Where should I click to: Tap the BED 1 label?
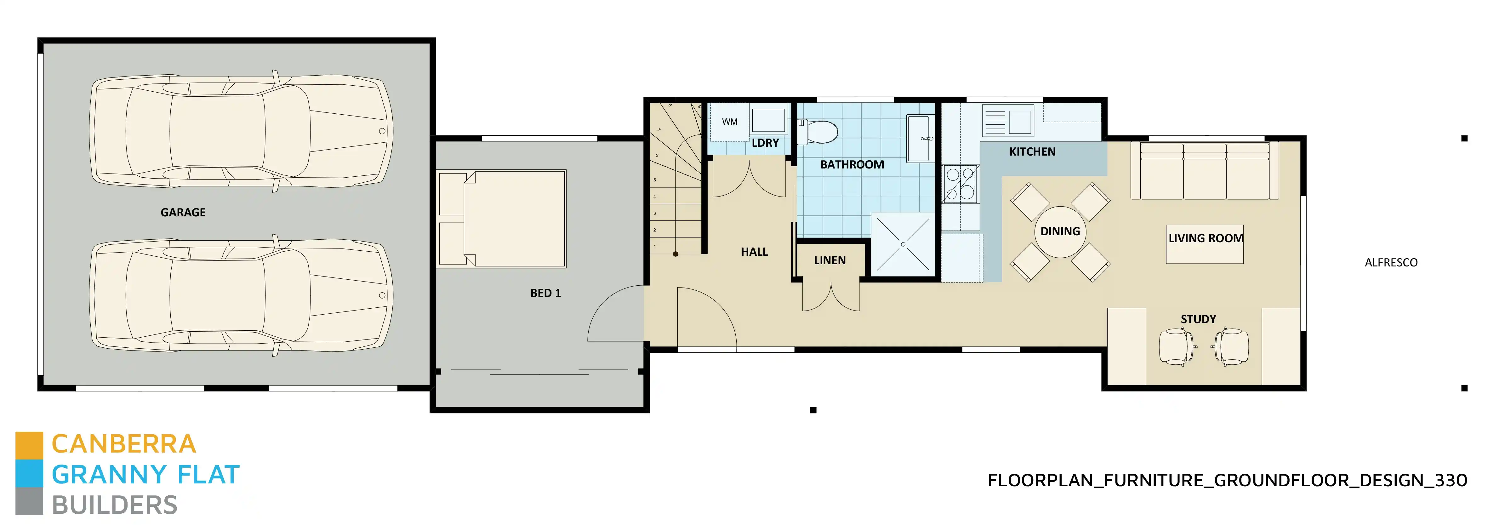tap(545, 293)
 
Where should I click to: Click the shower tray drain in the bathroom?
tap(903, 244)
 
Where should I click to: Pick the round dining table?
tap(1060, 232)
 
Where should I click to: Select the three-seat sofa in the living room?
tap(1205, 170)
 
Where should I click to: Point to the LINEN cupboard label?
tap(829, 260)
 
